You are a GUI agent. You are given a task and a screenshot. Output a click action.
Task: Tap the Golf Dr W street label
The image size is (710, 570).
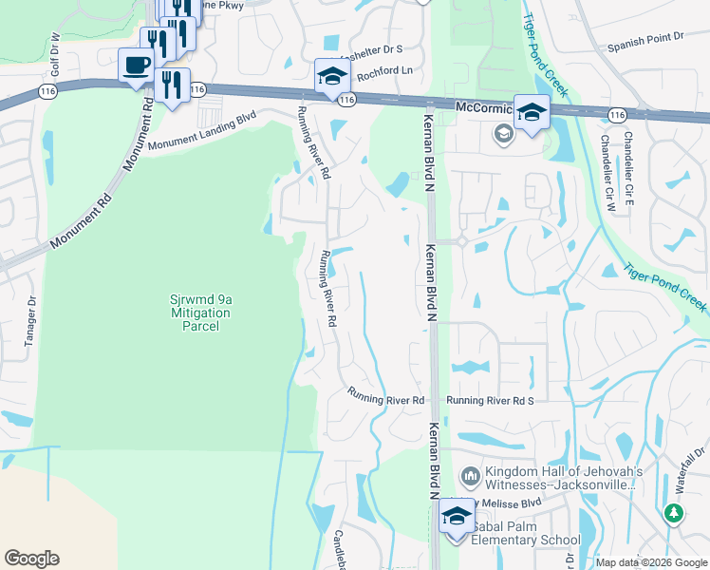click(56, 54)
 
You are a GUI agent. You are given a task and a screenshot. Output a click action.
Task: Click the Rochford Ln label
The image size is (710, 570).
click(387, 71)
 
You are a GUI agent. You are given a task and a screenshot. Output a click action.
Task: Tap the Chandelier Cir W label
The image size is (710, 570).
click(607, 171)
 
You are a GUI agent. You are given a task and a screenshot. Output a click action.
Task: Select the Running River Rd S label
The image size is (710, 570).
click(491, 401)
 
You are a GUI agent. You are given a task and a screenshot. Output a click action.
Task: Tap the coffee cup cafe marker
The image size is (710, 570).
click(136, 66)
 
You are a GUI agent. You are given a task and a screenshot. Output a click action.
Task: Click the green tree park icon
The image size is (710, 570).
click(674, 514)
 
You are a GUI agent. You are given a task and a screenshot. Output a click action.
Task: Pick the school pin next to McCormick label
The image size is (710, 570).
click(532, 113)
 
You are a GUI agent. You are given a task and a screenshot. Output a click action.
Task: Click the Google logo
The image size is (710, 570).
click(31, 559)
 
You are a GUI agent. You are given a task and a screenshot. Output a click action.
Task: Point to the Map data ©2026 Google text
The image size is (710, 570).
click(652, 562)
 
